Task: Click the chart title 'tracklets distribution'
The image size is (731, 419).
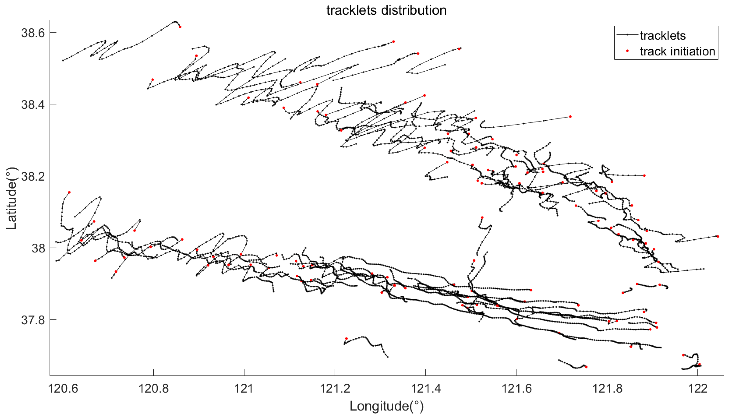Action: tap(386, 10)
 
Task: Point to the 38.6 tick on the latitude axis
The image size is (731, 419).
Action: tap(33, 33)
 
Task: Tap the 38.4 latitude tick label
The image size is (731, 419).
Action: tap(33, 104)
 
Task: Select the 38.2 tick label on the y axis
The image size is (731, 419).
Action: tap(33, 176)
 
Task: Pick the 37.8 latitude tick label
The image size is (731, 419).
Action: tap(33, 320)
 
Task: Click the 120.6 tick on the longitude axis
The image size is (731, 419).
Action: tap(63, 389)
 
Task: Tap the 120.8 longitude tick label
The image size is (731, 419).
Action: tap(154, 389)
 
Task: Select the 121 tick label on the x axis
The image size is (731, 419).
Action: tap(244, 389)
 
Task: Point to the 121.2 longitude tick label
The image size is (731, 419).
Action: tap(335, 389)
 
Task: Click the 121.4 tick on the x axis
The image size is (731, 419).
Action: tap(426, 389)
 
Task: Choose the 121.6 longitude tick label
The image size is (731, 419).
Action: tap(516, 389)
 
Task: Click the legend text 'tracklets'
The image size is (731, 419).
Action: tap(663, 36)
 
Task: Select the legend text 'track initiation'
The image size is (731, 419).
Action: tap(677, 51)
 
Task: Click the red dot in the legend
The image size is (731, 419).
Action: tap(627, 51)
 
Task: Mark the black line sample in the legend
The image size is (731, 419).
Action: tap(627, 35)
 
